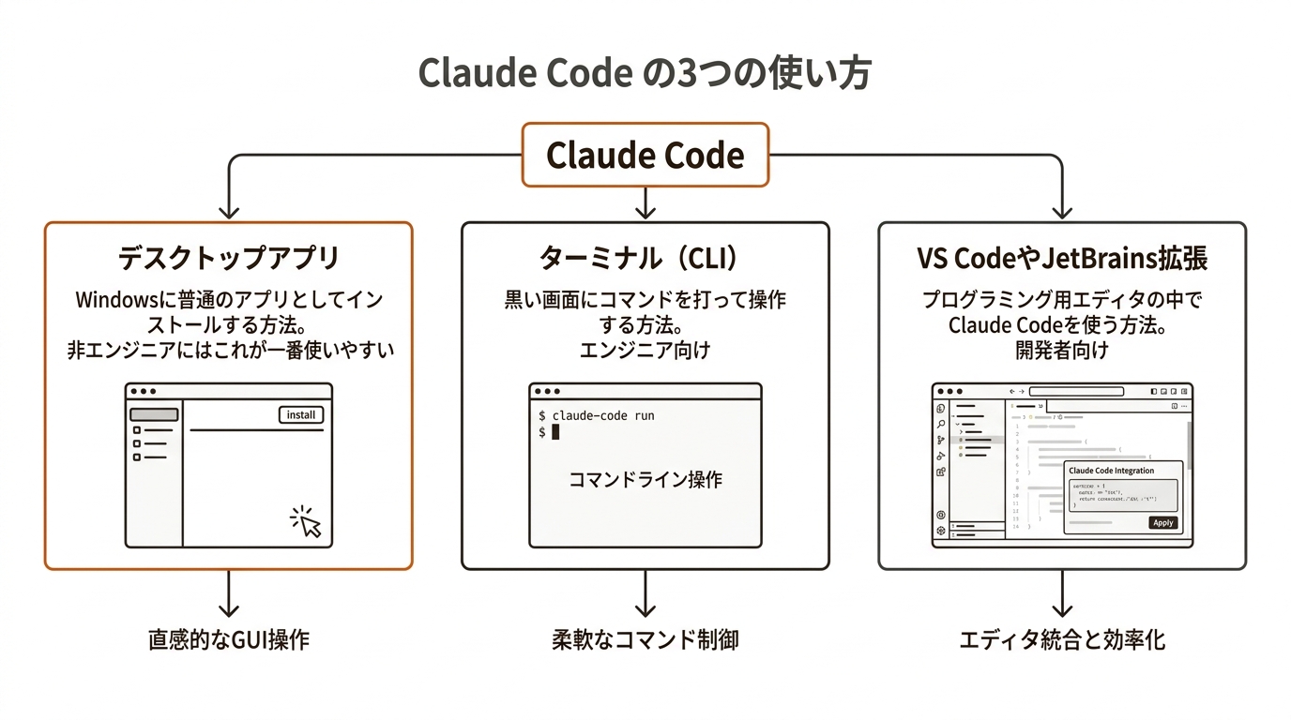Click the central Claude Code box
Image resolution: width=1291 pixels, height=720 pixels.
pyautogui.click(x=645, y=155)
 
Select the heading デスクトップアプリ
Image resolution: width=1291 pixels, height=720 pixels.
pyautogui.click(x=228, y=257)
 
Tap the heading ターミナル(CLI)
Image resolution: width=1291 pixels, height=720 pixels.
pyautogui.click(x=645, y=257)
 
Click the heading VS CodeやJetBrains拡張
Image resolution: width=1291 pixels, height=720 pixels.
pyautogui.click(x=1061, y=257)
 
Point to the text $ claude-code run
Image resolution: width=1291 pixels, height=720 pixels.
pyautogui.click(x=597, y=414)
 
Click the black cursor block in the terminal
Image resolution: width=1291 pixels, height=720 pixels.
pyautogui.click(x=555, y=432)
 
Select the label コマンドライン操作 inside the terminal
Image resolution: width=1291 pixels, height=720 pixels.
pyautogui.click(x=645, y=479)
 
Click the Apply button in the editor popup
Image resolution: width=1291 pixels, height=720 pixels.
pyautogui.click(x=1162, y=522)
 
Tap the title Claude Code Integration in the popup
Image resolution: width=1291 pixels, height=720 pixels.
pyautogui.click(x=1112, y=471)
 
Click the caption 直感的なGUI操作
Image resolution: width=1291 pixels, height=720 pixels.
pyautogui.click(x=228, y=640)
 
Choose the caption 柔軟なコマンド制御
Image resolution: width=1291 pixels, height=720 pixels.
pyautogui.click(x=645, y=640)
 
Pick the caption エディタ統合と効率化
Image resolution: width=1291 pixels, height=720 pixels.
pyautogui.click(x=1061, y=640)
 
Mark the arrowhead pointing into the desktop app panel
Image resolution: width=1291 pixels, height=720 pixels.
pyautogui.click(x=228, y=212)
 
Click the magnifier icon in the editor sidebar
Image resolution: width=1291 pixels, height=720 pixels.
pyautogui.click(x=941, y=424)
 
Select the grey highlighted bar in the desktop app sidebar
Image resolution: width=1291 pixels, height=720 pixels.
pyautogui.click(x=154, y=414)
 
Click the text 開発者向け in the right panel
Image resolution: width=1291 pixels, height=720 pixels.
pyautogui.click(x=1061, y=351)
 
